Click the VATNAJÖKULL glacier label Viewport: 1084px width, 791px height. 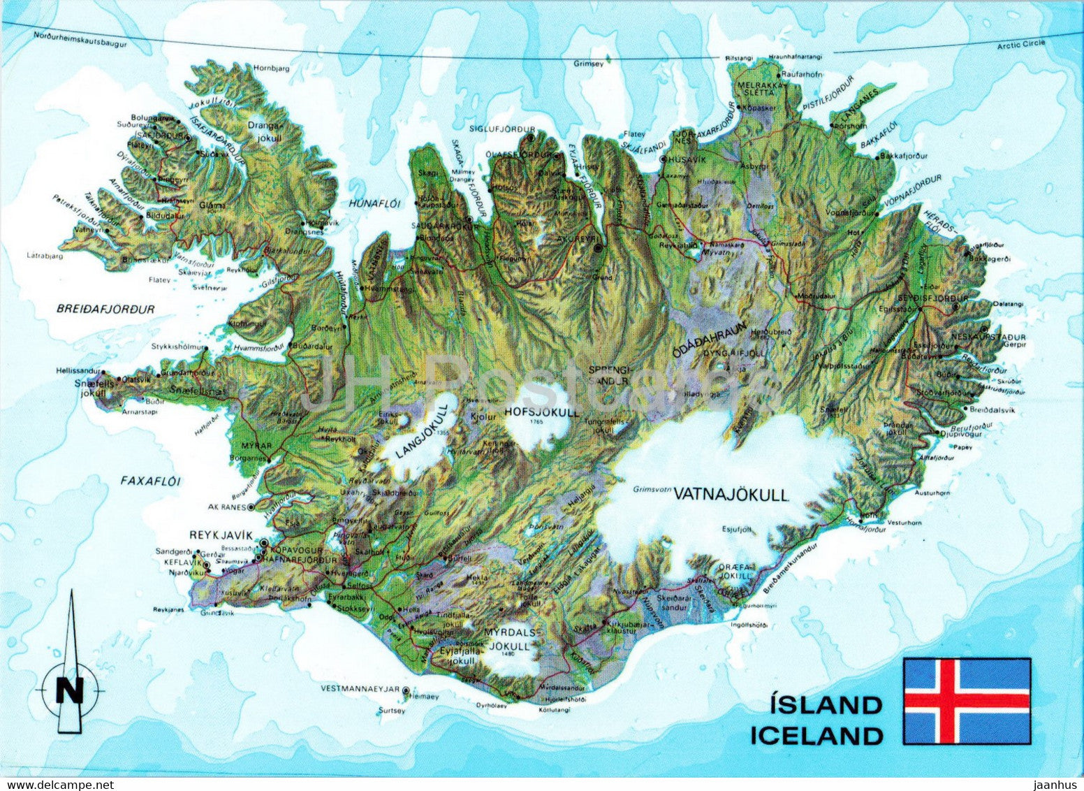pyautogui.click(x=731, y=495)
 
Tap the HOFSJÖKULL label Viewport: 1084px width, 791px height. pyautogui.click(x=541, y=412)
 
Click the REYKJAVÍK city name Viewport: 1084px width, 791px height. pyautogui.click(x=220, y=535)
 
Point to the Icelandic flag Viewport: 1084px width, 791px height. pyautogui.click(x=967, y=701)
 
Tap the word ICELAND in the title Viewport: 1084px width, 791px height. pyautogui.click(x=816, y=736)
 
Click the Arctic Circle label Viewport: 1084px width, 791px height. pyautogui.click(x=1020, y=44)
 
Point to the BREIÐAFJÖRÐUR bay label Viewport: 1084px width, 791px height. pyautogui.click(x=107, y=308)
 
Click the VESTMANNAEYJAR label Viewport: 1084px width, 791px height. pyautogui.click(x=360, y=688)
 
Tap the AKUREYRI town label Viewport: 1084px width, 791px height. pyautogui.click(x=575, y=238)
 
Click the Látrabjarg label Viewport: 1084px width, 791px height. pyautogui.click(x=45, y=256)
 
